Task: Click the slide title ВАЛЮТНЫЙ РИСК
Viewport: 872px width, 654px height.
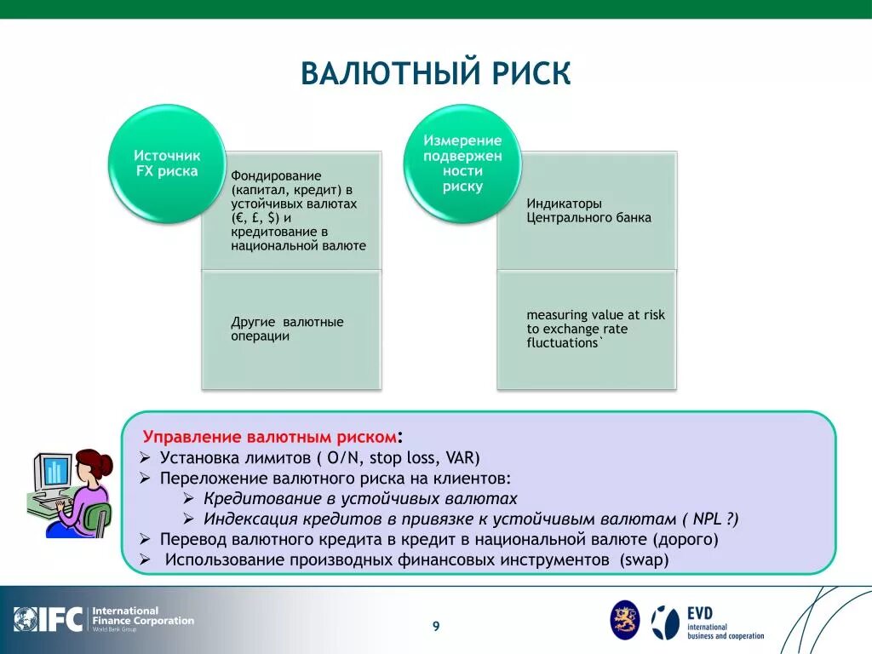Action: (435, 73)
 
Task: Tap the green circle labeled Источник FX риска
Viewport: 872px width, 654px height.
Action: (167, 163)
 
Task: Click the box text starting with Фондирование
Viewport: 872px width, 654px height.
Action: (298, 210)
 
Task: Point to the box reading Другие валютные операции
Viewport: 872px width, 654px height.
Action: (287, 329)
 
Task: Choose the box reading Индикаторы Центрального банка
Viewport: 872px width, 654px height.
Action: (588, 210)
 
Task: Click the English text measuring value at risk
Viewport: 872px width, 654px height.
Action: (595, 329)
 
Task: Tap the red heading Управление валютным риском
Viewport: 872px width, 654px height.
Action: (269, 437)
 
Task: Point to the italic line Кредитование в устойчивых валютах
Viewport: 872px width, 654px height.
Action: (360, 499)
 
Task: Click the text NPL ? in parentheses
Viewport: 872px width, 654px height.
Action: (715, 519)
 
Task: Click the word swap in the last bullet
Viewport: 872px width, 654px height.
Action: (645, 560)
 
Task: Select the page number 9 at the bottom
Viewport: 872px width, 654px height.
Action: (436, 627)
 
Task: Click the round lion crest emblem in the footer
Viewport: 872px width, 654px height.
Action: (624, 620)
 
